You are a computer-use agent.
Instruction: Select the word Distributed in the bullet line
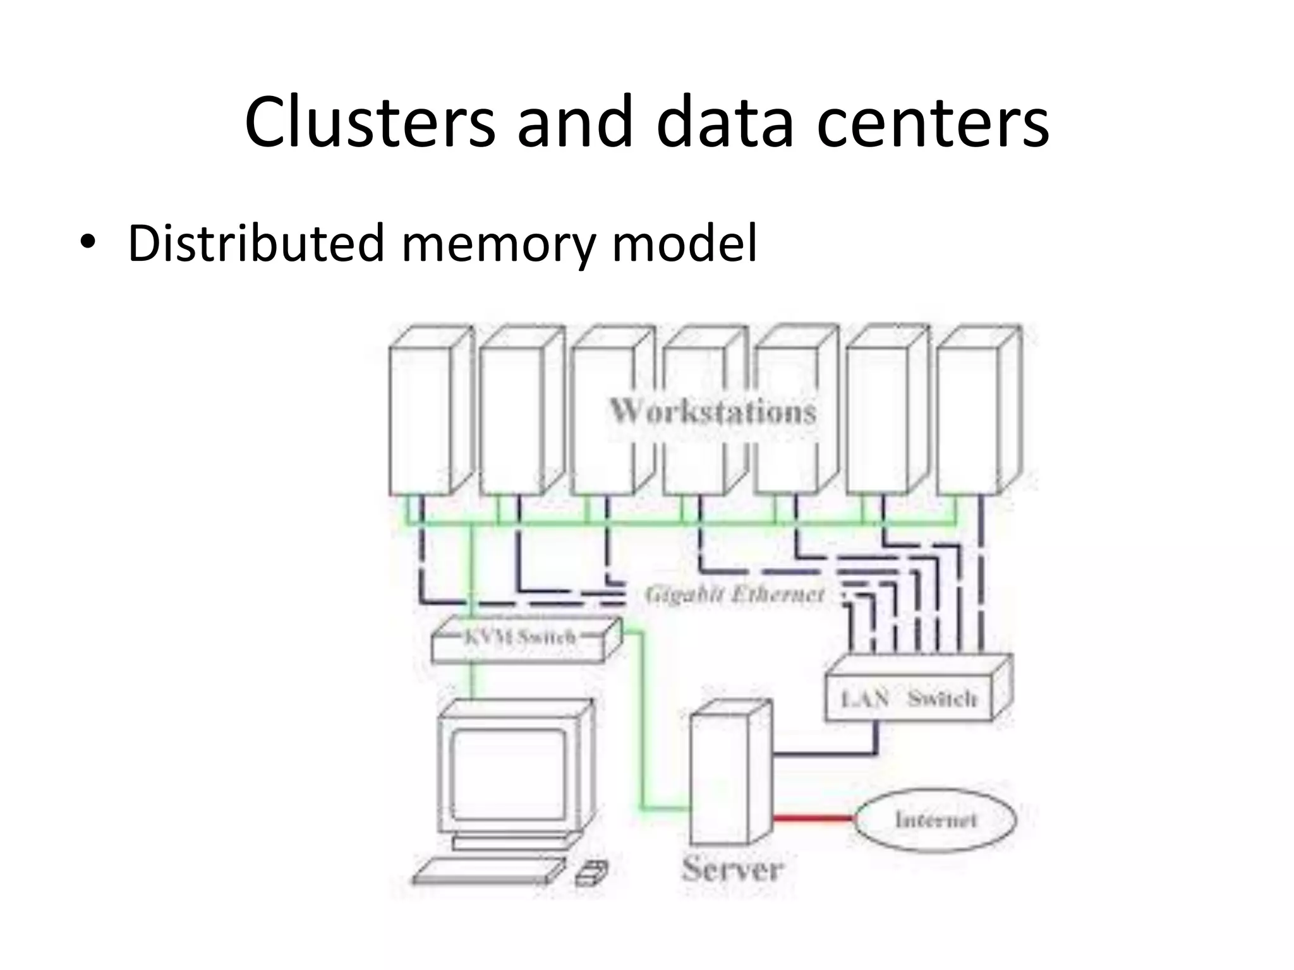(256, 242)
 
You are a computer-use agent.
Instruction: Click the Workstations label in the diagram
(713, 412)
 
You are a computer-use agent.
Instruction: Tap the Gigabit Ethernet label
(735, 594)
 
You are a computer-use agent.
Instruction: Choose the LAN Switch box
(910, 697)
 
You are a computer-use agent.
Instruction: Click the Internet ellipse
(935, 820)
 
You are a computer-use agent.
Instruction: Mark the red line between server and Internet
(813, 819)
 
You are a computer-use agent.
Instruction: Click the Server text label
(732, 870)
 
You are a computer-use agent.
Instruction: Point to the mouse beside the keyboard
(591, 873)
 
